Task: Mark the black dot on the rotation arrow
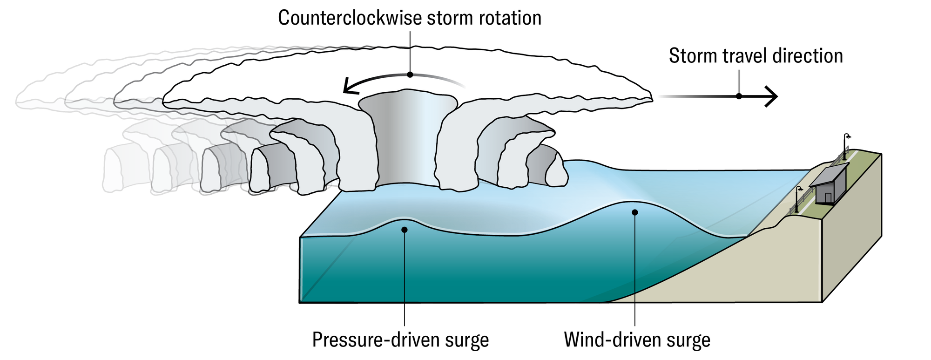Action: pos(410,75)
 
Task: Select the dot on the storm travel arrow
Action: pos(739,96)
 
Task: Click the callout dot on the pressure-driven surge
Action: pos(405,230)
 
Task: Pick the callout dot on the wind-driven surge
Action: pos(634,212)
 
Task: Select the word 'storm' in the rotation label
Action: pos(451,18)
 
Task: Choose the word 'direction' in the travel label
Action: pos(807,56)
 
